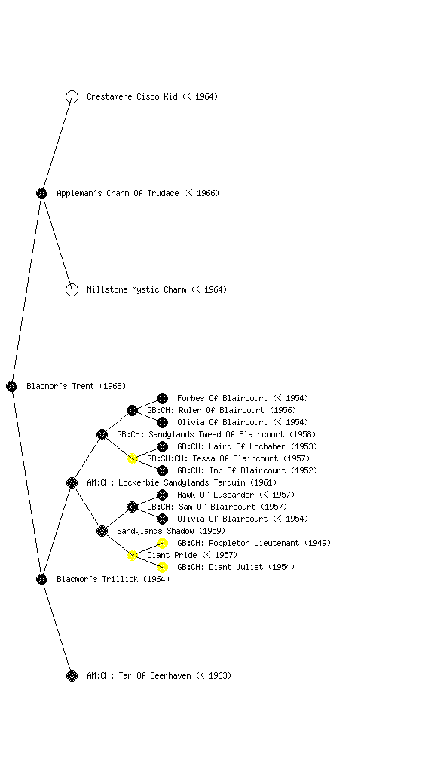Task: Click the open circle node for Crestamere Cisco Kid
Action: tap(72, 97)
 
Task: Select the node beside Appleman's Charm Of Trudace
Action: tap(41, 194)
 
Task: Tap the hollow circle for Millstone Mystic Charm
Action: tap(72, 290)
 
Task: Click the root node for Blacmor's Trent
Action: tap(12, 387)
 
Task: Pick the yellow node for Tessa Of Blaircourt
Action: tap(133, 459)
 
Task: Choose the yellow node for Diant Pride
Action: tap(133, 556)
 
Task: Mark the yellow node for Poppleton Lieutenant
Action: tap(162, 543)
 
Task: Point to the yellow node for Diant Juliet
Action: tap(162, 567)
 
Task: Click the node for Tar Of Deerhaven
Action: tap(72, 676)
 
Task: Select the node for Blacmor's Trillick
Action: tap(41, 580)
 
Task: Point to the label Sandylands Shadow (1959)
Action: tap(171, 532)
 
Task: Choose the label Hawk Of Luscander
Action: tap(216, 495)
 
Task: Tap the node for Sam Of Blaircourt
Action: tap(133, 507)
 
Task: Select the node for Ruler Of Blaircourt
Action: tap(133, 411)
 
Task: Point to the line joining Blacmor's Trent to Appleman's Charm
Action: tap(27, 290)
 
